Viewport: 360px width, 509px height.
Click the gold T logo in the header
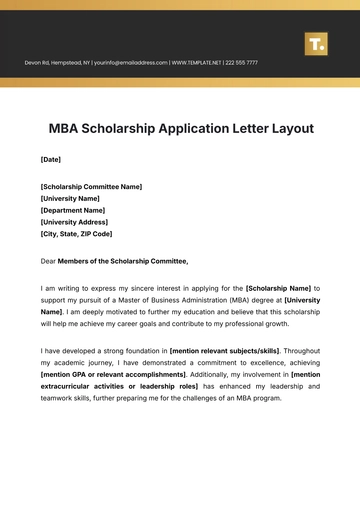pyautogui.click(x=316, y=43)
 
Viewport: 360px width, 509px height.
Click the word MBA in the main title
pyautogui.click(x=67, y=129)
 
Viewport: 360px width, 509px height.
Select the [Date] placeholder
pyautogui.click(x=50, y=160)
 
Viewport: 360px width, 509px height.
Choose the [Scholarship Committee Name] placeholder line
pyautogui.click(x=91, y=187)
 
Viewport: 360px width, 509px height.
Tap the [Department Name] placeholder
pyautogui.click(x=73, y=210)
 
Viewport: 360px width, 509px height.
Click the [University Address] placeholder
pyautogui.click(x=76, y=222)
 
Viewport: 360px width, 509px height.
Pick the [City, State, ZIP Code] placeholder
pyautogui.click(x=85, y=234)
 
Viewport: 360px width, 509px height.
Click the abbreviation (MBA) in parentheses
pyautogui.click(x=227, y=300)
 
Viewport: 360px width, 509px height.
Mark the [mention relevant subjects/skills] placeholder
pyautogui.click(x=225, y=351)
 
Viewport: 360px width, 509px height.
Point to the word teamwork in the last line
pyautogui.click(x=58, y=399)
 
